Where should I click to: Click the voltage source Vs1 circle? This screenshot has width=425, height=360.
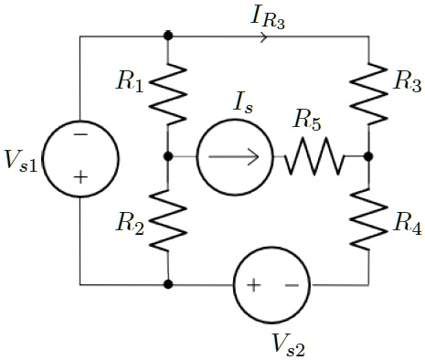tap(80, 157)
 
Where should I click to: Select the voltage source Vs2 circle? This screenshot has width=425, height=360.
tap(271, 284)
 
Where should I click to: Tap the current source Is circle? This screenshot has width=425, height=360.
tap(234, 157)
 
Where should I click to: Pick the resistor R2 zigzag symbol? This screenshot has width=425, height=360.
tap(167, 220)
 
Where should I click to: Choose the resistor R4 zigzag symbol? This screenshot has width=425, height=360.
tap(368, 220)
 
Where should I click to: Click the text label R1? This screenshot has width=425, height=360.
tap(129, 82)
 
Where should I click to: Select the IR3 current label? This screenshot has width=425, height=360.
tap(267, 16)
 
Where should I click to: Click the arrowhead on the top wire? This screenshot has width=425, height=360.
tap(265, 37)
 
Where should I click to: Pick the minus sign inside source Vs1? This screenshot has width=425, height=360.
tap(80, 134)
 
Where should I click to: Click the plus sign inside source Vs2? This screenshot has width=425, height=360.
tap(252, 285)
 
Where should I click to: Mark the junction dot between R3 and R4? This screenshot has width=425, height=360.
tap(368, 157)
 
